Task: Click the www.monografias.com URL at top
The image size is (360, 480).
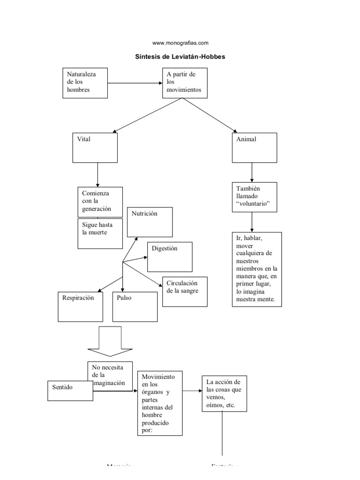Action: (x=180, y=43)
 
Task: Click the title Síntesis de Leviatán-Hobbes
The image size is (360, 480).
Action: (x=180, y=56)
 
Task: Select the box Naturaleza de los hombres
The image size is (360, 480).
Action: (x=85, y=82)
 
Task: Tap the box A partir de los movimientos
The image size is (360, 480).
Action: (x=184, y=82)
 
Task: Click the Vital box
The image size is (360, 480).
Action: (x=95, y=148)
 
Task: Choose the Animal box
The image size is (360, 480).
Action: (x=255, y=148)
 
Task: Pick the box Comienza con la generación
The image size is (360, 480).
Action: (x=100, y=202)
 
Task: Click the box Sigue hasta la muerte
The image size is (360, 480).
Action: (x=100, y=233)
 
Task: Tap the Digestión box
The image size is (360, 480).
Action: (x=170, y=256)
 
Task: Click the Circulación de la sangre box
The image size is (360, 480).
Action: (x=185, y=292)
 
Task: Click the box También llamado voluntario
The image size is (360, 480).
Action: (x=252, y=197)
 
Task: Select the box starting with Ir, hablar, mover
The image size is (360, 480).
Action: (x=257, y=269)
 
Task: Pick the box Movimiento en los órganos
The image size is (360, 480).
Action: (x=159, y=403)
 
